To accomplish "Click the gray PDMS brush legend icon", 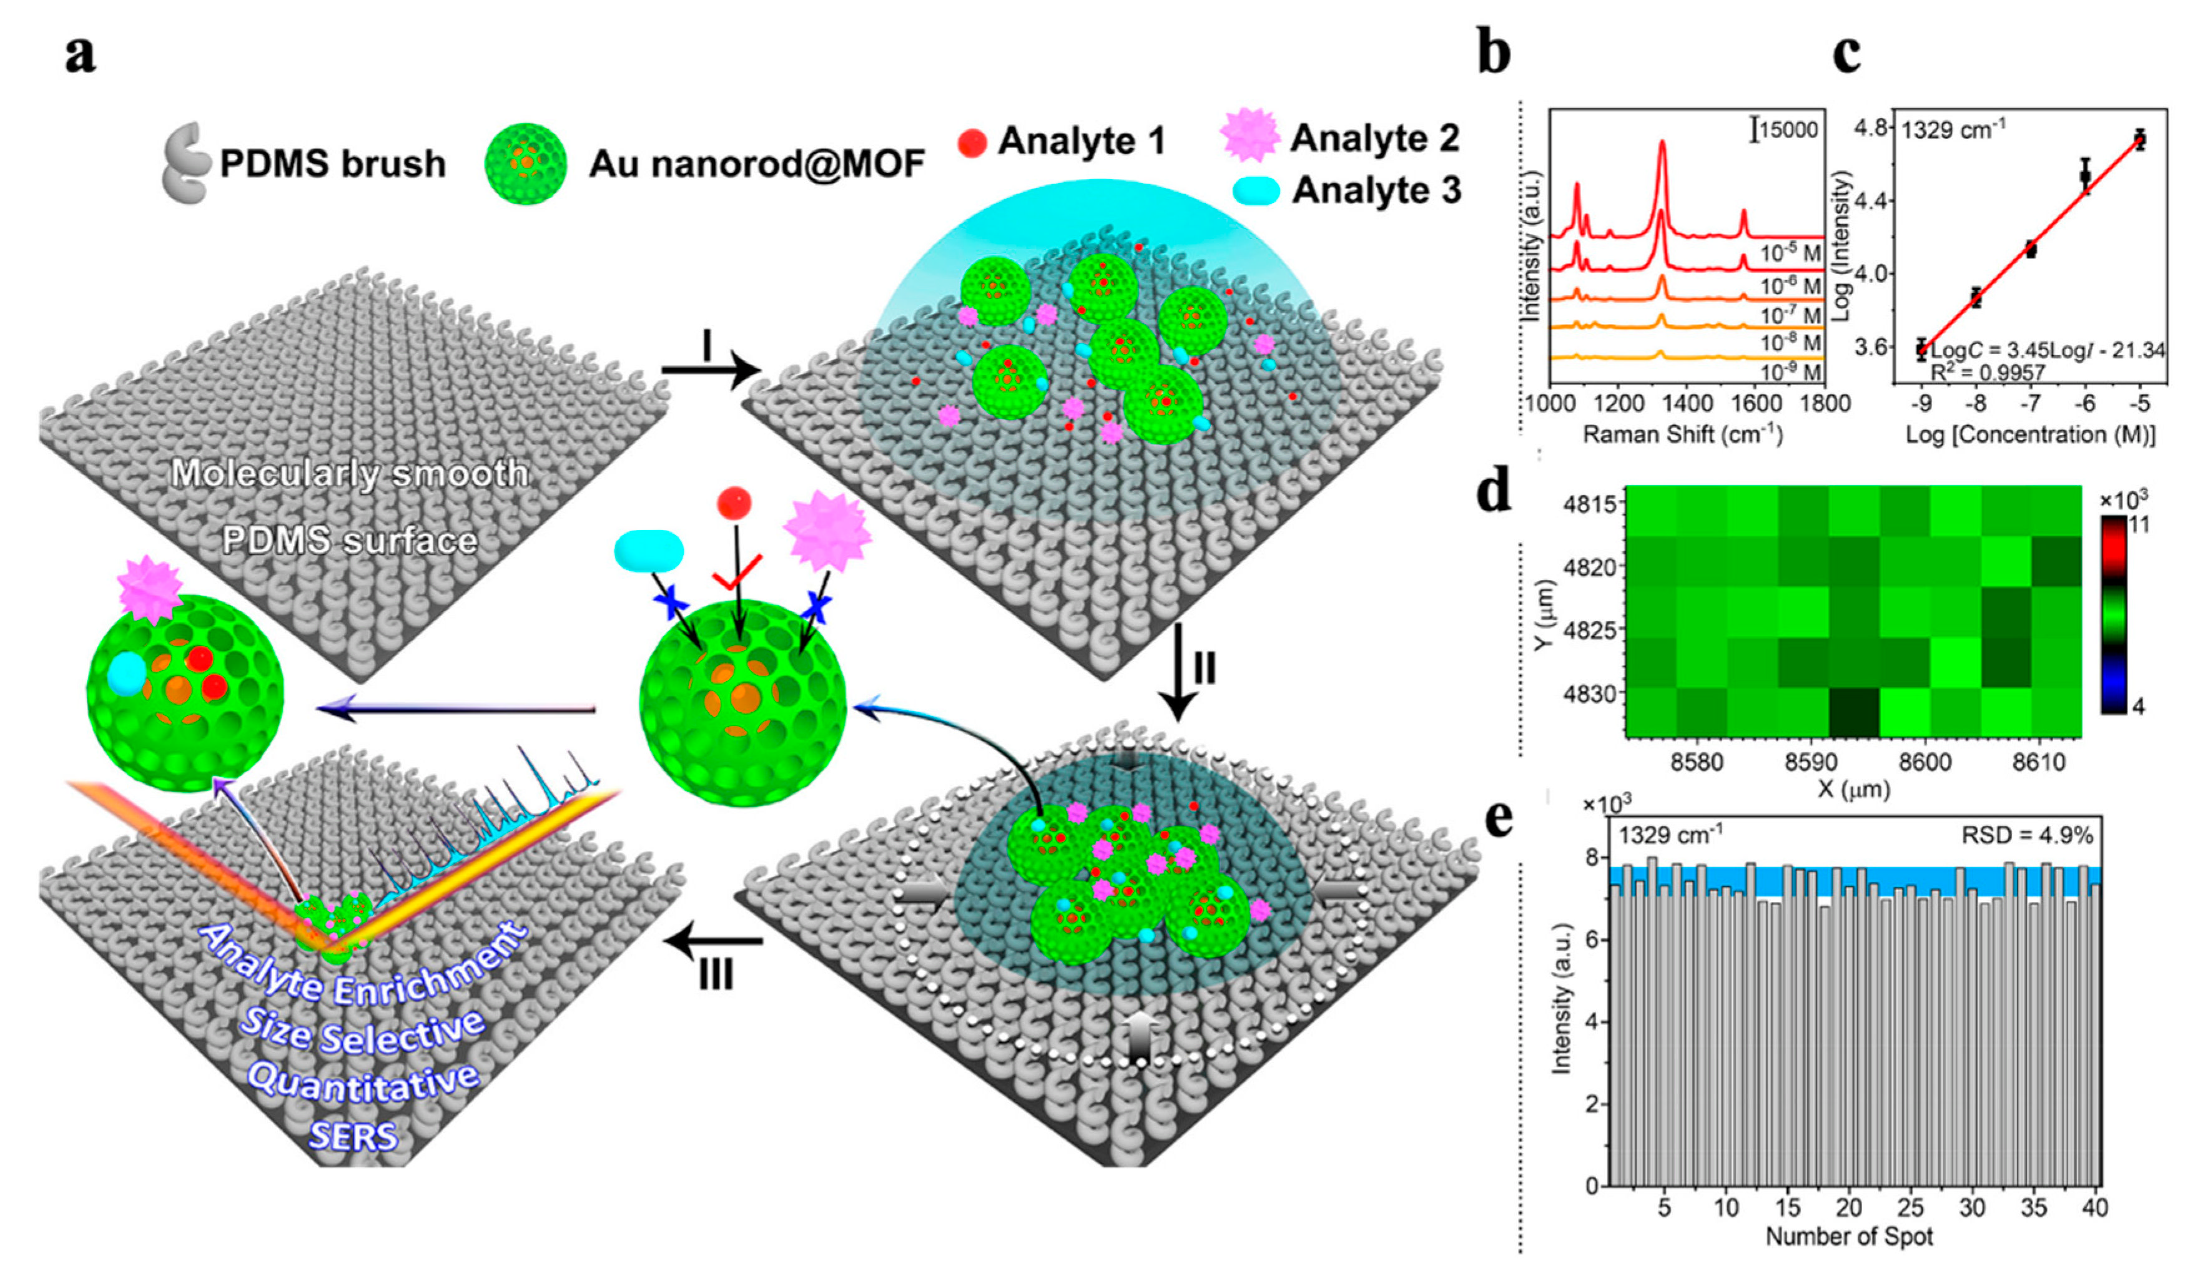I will (185, 163).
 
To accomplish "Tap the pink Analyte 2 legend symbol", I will (1249, 135).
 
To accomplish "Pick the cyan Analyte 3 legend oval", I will (1256, 191).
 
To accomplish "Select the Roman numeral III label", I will (716, 976).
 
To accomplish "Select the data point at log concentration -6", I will (2086, 176).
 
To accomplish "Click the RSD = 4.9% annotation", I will (2027, 836).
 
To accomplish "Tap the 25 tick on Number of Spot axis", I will (1910, 1208).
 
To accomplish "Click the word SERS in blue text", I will (354, 1137).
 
